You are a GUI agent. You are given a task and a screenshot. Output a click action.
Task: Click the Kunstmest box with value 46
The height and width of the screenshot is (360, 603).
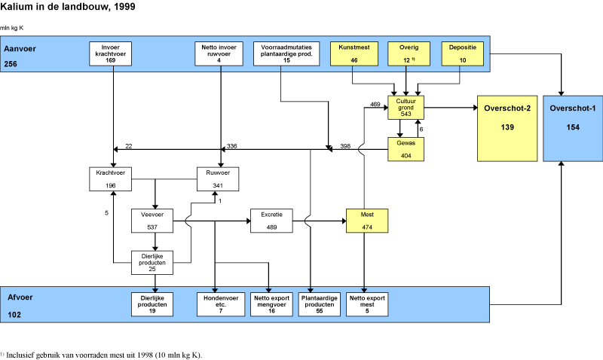[x=354, y=55]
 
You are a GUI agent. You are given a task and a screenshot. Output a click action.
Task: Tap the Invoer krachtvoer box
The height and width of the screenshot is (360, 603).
[x=112, y=55]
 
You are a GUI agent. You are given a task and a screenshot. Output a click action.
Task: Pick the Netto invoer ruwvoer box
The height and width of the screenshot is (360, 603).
[x=219, y=55]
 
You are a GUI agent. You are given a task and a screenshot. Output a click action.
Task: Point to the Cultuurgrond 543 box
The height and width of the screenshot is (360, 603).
[x=406, y=108]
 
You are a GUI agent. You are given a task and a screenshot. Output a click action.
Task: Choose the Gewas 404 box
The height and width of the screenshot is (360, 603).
[x=406, y=149]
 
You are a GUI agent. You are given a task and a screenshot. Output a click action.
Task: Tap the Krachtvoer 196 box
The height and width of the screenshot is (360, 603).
[x=112, y=178]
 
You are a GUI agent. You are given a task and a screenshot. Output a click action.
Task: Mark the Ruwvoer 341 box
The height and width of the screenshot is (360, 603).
[x=219, y=178]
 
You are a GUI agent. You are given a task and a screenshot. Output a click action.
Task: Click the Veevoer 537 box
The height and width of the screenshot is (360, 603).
[x=154, y=220]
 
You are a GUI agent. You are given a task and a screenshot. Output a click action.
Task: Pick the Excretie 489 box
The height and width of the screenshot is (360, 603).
[x=271, y=220]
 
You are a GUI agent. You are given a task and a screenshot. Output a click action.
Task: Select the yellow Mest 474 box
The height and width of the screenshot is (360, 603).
[x=366, y=220]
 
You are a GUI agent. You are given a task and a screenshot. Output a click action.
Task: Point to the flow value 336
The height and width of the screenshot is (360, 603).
[x=231, y=145]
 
